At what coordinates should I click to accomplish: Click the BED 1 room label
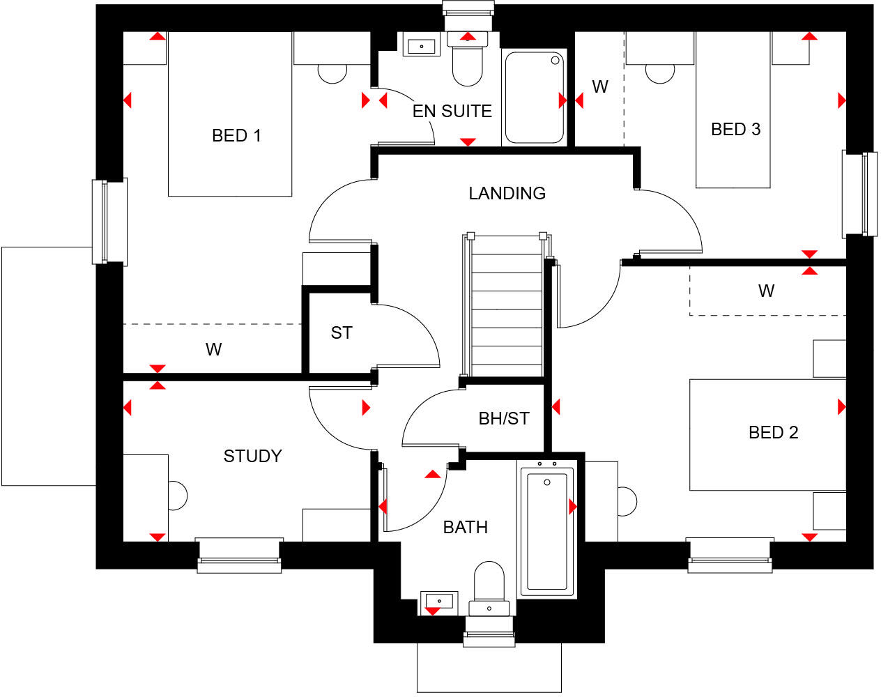(x=236, y=136)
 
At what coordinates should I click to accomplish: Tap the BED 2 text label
(x=773, y=433)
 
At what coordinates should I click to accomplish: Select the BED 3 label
(x=735, y=130)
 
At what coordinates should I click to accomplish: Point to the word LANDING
(x=507, y=193)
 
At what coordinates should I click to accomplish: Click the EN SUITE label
(x=452, y=112)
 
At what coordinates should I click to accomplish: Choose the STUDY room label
(x=252, y=457)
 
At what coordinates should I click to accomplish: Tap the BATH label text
(x=465, y=528)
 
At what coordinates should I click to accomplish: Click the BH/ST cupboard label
(x=504, y=419)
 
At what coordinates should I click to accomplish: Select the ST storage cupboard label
(x=341, y=333)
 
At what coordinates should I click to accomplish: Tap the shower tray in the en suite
(x=534, y=98)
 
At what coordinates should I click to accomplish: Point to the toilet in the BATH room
(x=489, y=585)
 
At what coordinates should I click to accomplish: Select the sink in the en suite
(x=421, y=47)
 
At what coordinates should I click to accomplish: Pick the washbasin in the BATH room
(x=439, y=600)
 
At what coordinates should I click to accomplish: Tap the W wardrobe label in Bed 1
(x=213, y=350)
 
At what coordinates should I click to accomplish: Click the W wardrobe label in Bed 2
(x=766, y=291)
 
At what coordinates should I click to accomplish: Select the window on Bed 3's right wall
(x=859, y=194)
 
